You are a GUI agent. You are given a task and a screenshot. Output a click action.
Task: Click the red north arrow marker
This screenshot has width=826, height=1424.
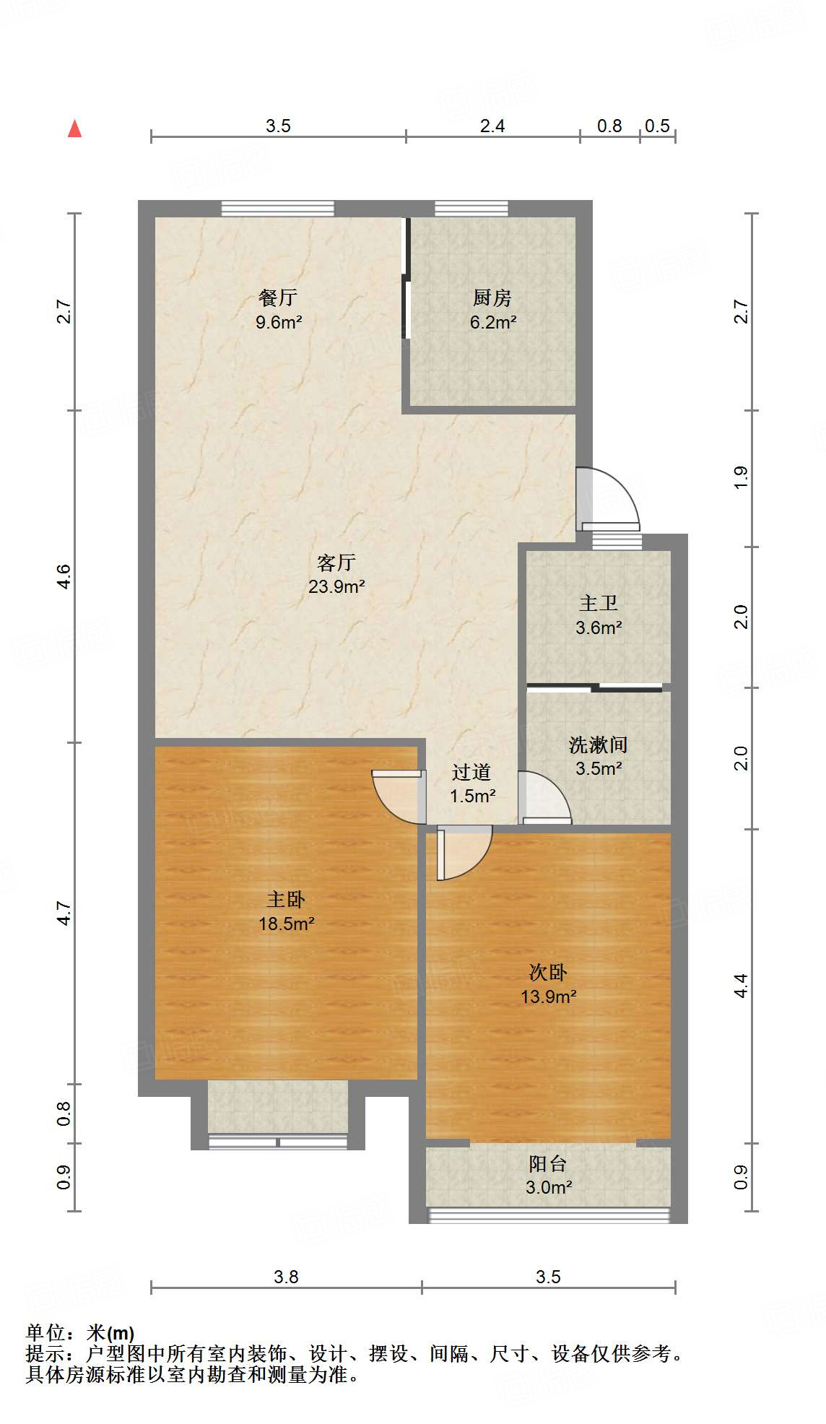[x=74, y=129]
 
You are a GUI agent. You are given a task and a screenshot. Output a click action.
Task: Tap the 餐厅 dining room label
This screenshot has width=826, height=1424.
[x=278, y=298]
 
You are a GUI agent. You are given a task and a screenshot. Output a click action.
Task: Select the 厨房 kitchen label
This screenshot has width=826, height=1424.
[x=492, y=298]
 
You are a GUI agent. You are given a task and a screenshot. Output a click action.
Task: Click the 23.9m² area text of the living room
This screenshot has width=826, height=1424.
[x=336, y=586]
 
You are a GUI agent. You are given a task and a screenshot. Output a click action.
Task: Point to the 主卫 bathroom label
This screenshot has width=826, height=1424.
[x=599, y=603]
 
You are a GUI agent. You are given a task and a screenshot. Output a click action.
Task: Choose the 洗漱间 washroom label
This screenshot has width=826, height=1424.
[x=598, y=744]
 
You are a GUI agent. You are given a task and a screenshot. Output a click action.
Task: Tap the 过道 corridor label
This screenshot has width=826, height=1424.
[x=471, y=772]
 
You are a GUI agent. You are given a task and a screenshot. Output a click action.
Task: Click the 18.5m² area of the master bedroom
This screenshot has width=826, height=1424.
[x=287, y=924]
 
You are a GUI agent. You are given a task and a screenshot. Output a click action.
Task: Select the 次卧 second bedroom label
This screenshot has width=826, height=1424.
[x=548, y=973]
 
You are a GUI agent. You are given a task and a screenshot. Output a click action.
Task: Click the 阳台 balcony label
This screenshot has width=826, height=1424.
[x=548, y=1163]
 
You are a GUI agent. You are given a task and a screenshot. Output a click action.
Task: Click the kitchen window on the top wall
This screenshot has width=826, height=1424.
[x=471, y=209]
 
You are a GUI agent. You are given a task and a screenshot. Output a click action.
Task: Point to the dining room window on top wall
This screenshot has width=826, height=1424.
[x=278, y=209]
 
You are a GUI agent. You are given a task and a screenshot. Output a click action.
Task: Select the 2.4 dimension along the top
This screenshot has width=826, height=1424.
[x=492, y=126]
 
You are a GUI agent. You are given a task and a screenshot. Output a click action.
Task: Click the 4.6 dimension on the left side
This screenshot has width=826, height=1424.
[x=64, y=576]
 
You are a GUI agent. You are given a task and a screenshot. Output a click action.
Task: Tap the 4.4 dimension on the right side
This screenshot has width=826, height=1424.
[x=741, y=986]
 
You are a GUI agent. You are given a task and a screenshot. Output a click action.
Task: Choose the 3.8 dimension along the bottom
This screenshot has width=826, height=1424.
[x=286, y=1277]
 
